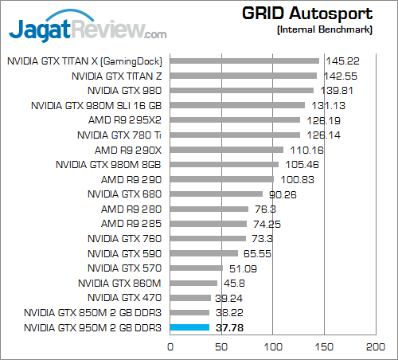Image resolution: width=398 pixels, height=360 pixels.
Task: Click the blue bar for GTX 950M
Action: (x=189, y=327)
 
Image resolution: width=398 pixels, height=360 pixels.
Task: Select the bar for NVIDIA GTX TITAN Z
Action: (x=243, y=76)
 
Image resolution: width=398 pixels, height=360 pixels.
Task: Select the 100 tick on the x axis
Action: (x=273, y=347)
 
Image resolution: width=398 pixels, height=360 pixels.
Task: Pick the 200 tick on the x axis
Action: (x=376, y=347)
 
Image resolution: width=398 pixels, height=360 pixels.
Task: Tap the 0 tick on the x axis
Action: (x=170, y=347)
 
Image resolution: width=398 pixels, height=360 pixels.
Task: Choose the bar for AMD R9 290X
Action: (x=227, y=150)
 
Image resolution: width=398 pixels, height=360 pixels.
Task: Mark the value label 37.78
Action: (x=228, y=327)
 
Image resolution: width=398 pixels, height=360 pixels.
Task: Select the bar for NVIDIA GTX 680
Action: (x=217, y=194)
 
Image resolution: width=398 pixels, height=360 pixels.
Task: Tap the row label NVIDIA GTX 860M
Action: (x=120, y=283)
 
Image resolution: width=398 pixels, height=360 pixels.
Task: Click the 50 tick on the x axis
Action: (x=221, y=347)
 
